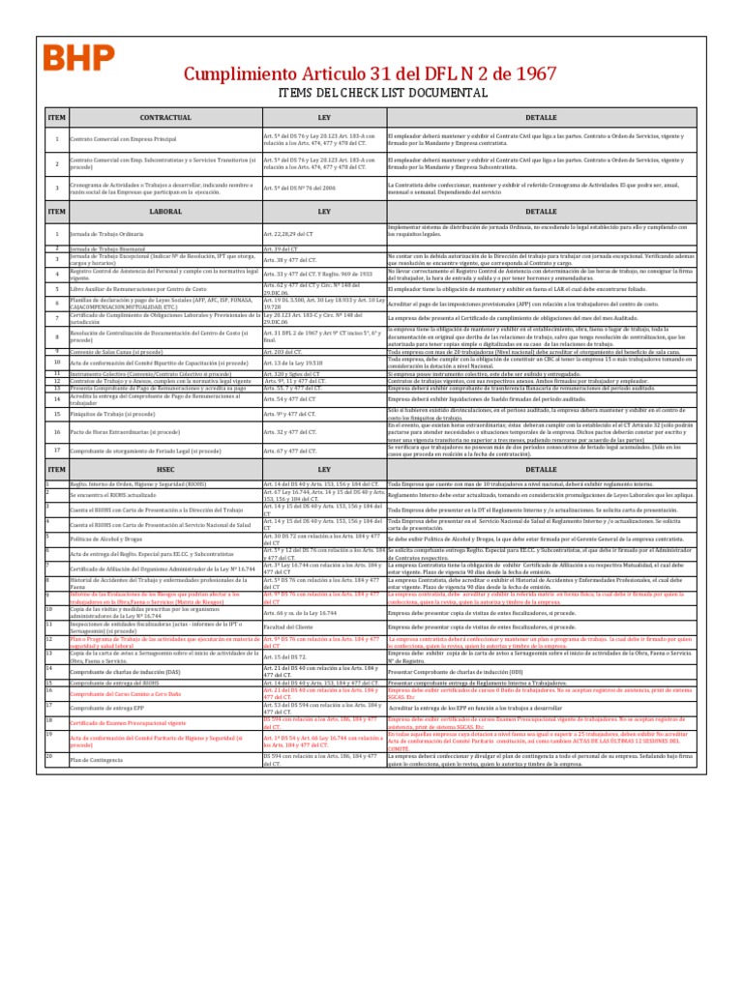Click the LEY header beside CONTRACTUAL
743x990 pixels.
pyautogui.click(x=324, y=117)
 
